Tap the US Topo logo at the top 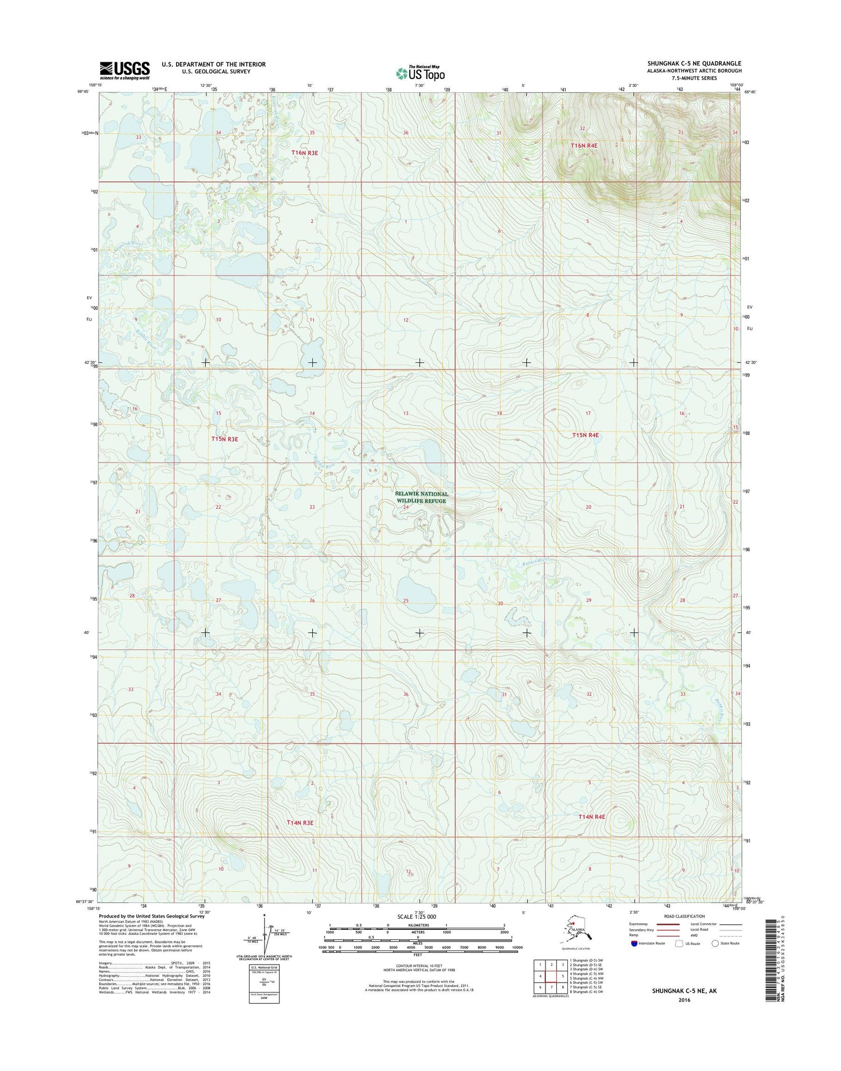click(420, 73)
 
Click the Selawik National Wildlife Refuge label click(422, 497)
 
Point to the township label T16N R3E click(304, 153)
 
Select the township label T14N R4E click(592, 817)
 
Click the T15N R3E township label click(225, 439)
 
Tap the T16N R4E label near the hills click(584, 146)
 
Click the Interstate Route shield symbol click(634, 943)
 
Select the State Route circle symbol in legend click(715, 943)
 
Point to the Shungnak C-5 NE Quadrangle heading click(694, 63)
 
